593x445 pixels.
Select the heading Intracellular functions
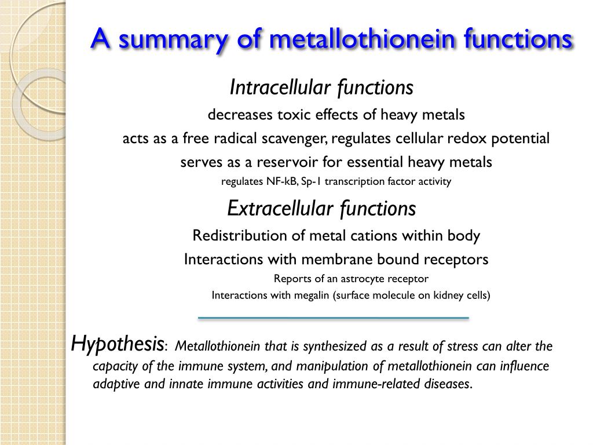coord(321,88)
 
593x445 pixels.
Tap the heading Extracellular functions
coord(321,208)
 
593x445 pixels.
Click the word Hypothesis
coord(118,344)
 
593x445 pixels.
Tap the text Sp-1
coord(312,181)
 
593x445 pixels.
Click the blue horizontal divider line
coord(333,318)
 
